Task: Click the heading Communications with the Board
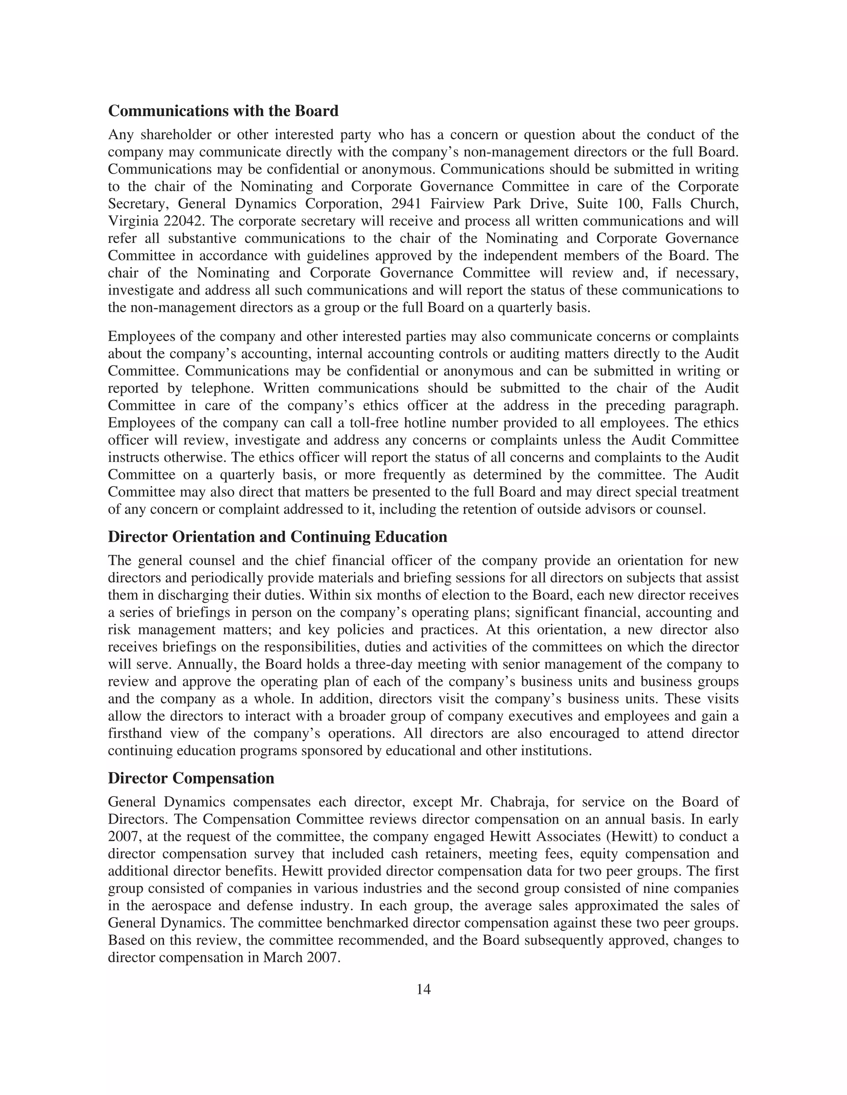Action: pyautogui.click(x=223, y=111)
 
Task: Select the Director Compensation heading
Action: pyautogui.click(x=191, y=778)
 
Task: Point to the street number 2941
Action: pyautogui.click(x=407, y=204)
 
